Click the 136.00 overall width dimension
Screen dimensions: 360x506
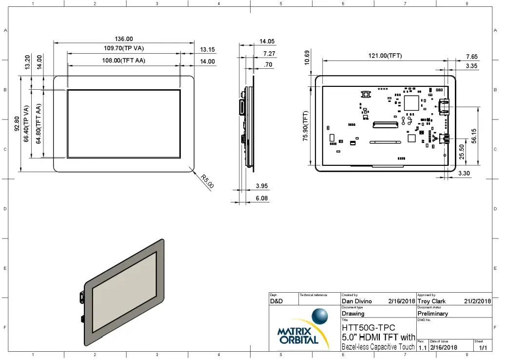point(123,39)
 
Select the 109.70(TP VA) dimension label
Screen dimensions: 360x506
point(124,48)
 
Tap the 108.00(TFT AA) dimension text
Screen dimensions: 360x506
point(124,61)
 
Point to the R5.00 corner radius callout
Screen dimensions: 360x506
point(207,182)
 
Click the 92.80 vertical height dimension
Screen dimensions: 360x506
point(17,123)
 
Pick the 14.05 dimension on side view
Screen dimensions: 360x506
point(267,41)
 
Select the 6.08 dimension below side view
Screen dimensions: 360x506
point(262,199)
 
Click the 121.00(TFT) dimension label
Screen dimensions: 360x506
point(385,56)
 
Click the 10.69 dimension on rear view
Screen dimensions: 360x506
point(307,58)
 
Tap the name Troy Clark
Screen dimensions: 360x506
point(431,301)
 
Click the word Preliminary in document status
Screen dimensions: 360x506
point(432,314)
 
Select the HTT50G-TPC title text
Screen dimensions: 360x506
point(369,328)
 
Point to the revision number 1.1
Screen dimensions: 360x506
point(422,347)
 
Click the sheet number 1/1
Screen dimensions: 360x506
point(483,347)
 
